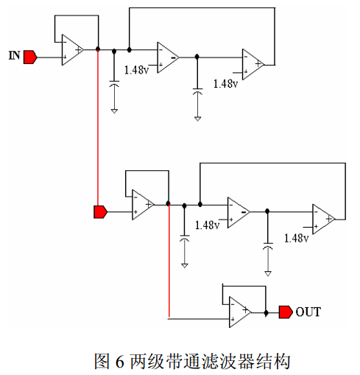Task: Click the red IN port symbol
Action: point(30,57)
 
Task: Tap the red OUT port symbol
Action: point(286,312)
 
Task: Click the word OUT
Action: point(308,312)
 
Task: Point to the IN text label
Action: point(14,55)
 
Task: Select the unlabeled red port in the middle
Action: point(101,212)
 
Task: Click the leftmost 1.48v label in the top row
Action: point(136,70)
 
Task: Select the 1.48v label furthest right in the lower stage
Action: point(296,238)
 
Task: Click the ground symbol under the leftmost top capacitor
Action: point(114,111)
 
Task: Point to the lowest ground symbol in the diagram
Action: point(268,273)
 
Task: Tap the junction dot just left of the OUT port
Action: point(266,313)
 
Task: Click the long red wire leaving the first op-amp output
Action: point(98,127)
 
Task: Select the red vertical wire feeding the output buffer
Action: point(169,261)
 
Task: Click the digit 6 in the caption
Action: point(119,361)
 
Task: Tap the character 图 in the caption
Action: point(102,361)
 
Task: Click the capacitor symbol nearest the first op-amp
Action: point(114,83)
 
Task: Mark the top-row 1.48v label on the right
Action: point(225,84)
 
